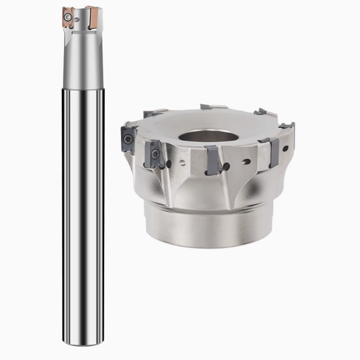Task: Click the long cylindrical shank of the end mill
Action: pyautogui.click(x=78, y=180)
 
